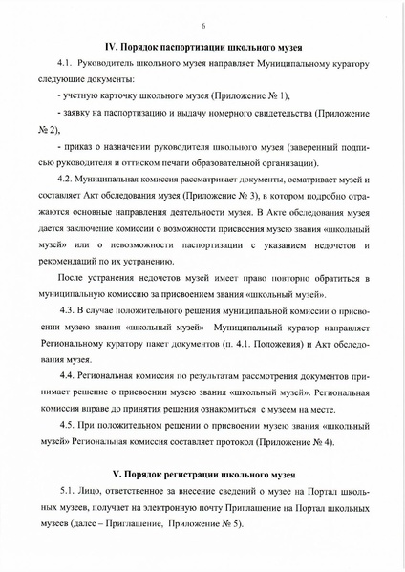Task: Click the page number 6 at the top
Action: [203, 26]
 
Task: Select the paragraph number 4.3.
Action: [69, 310]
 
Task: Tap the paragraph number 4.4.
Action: [68, 377]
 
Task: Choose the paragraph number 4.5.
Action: [68, 423]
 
